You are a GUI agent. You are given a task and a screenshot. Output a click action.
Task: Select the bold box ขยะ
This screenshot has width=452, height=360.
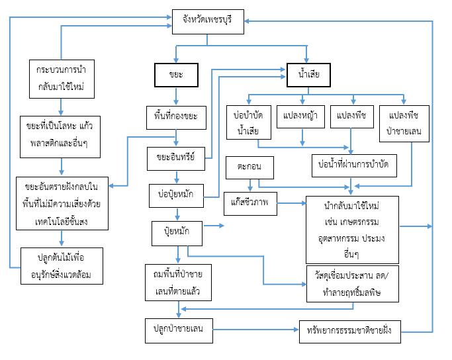click(177, 75)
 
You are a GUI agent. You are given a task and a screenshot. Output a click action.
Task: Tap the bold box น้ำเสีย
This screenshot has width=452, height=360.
click(308, 75)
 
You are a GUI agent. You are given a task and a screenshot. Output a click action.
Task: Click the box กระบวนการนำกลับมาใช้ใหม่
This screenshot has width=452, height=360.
click(61, 78)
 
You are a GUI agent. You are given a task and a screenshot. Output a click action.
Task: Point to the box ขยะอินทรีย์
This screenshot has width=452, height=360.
click(175, 157)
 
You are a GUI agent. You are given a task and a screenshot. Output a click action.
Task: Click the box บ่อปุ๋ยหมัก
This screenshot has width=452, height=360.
click(175, 196)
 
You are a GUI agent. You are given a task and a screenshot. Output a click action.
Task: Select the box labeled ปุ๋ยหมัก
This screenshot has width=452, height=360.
click(175, 233)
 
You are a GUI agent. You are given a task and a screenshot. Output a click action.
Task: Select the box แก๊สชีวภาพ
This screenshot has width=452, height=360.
click(250, 204)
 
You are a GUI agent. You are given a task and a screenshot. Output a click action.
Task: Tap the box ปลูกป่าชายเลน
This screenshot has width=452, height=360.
click(179, 330)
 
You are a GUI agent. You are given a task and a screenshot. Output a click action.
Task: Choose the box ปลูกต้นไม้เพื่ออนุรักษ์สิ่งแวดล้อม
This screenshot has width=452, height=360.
click(61, 265)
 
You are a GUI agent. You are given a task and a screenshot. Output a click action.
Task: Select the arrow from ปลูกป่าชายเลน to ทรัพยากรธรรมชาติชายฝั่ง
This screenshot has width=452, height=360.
click(255, 330)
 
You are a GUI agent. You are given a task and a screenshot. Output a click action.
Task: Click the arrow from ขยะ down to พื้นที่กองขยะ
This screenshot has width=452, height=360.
click(177, 96)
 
